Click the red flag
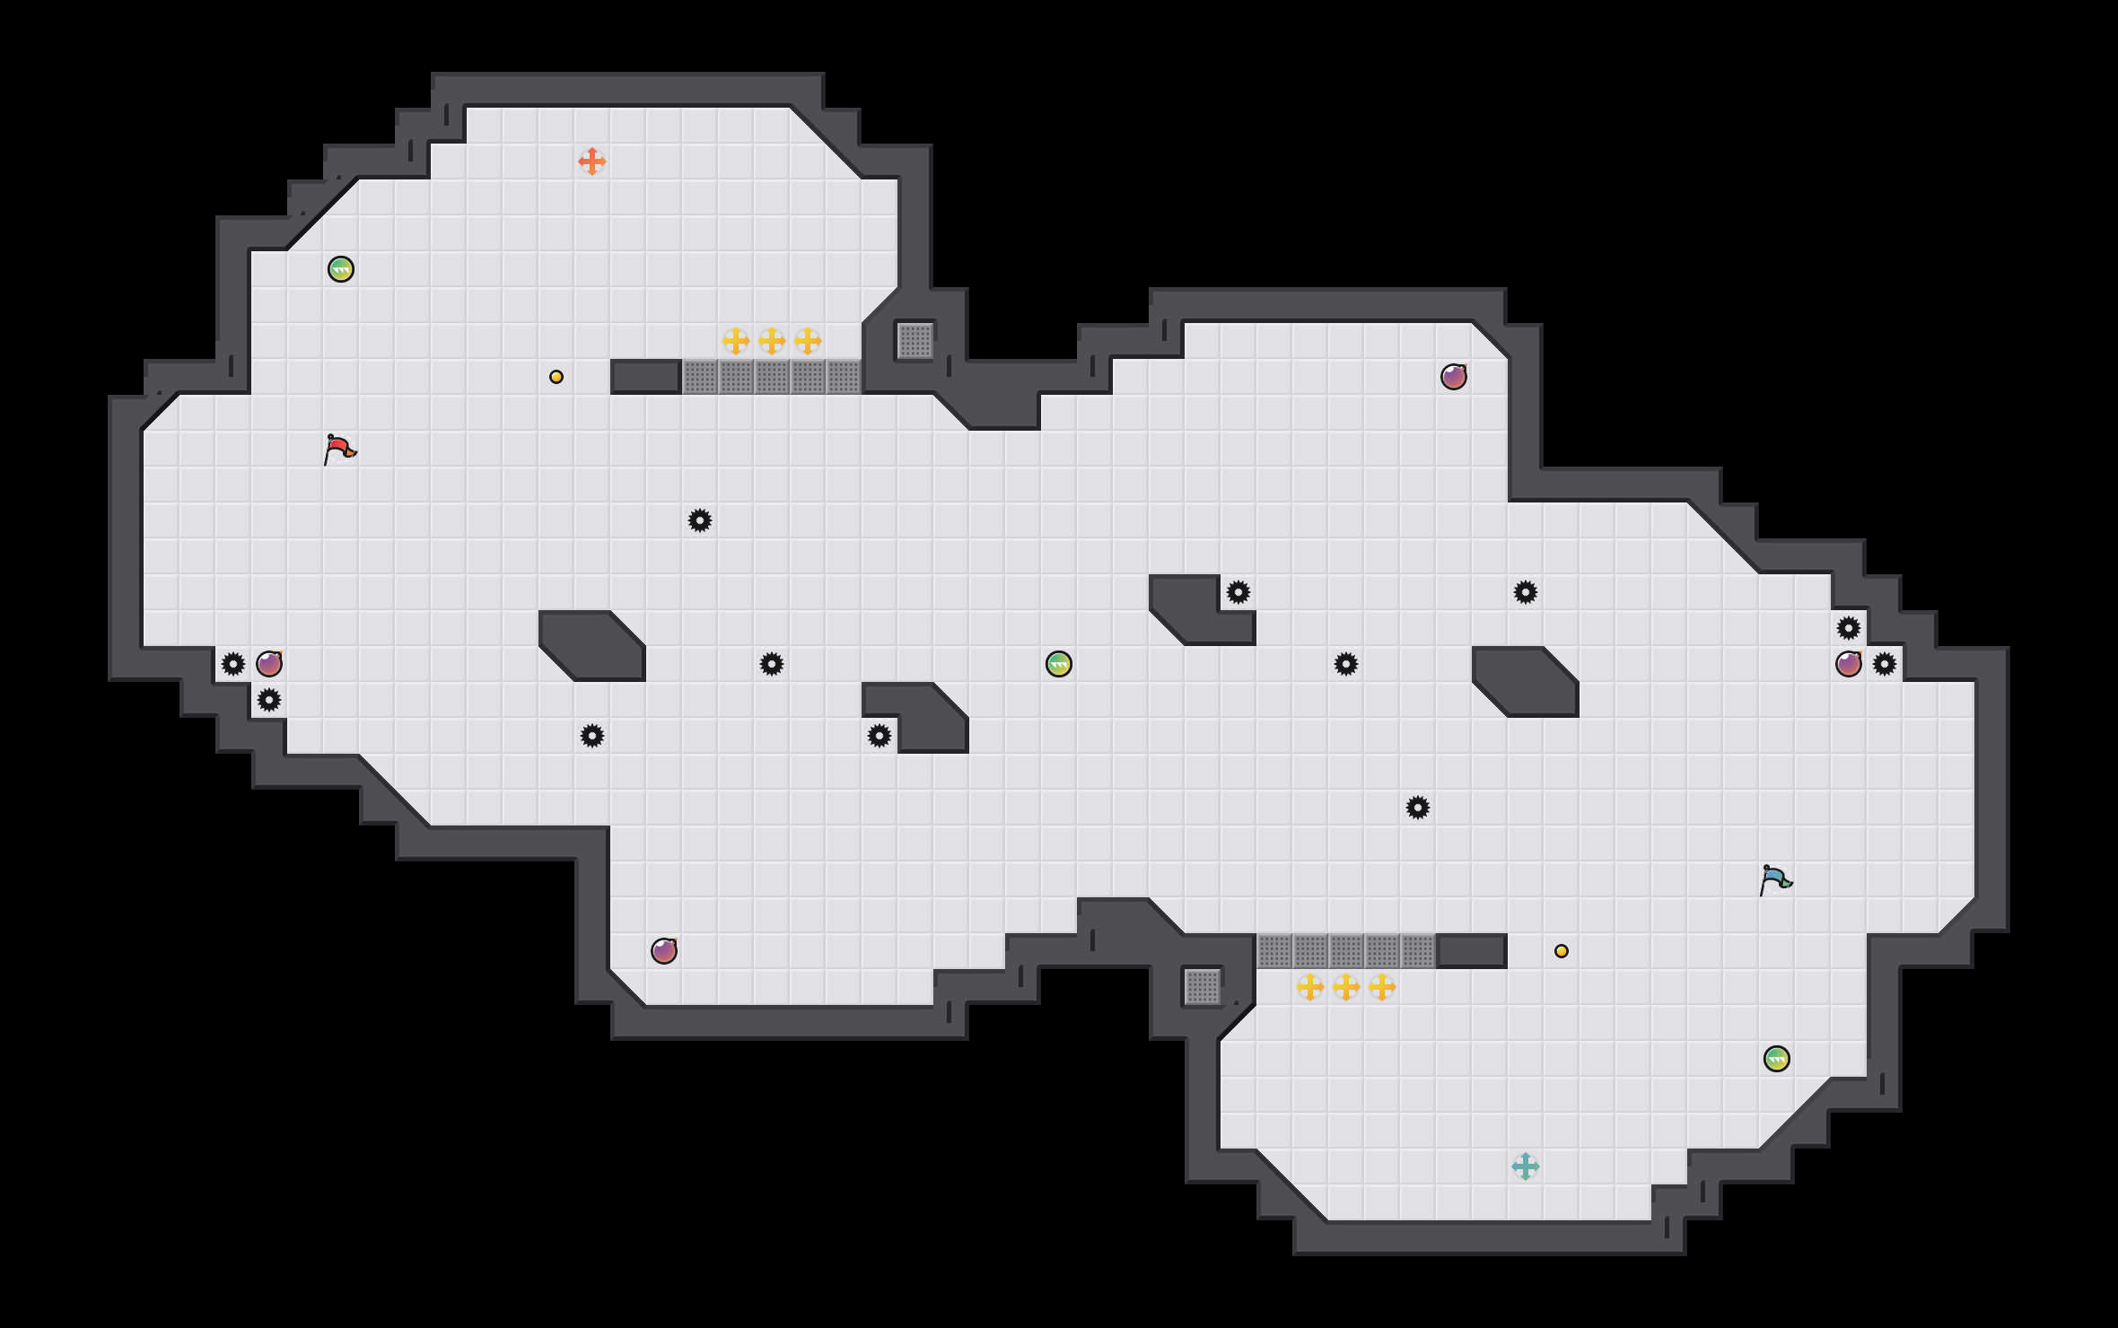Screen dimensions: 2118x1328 pos(339,449)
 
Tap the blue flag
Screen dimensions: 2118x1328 pos(1775,879)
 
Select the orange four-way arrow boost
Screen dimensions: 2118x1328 pos(592,162)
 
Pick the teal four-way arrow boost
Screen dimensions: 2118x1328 pos(1526,1166)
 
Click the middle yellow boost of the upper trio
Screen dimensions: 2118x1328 pos(772,341)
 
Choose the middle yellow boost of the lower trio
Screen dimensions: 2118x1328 pos(1346,987)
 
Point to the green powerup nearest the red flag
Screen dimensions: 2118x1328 pos(341,269)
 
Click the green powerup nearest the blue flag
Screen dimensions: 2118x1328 pos(1777,1059)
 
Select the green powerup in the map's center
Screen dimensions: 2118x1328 pos(1059,664)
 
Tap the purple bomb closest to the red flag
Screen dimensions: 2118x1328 pos(269,664)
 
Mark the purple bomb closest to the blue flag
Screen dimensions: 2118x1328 pos(1849,664)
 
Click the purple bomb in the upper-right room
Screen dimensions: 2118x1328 pos(1454,377)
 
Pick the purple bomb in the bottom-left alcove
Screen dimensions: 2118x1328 pos(664,951)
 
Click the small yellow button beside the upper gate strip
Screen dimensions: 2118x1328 pos(556,377)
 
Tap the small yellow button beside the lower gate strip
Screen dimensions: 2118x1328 pos(1562,951)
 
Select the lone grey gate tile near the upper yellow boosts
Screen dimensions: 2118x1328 pos(915,341)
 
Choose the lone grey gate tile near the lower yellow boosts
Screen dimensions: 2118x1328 pos(1203,987)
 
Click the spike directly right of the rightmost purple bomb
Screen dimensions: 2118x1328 pos(1885,664)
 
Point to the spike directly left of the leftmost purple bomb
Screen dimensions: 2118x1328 pos(233,664)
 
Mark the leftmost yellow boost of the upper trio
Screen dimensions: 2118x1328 pos(736,341)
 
